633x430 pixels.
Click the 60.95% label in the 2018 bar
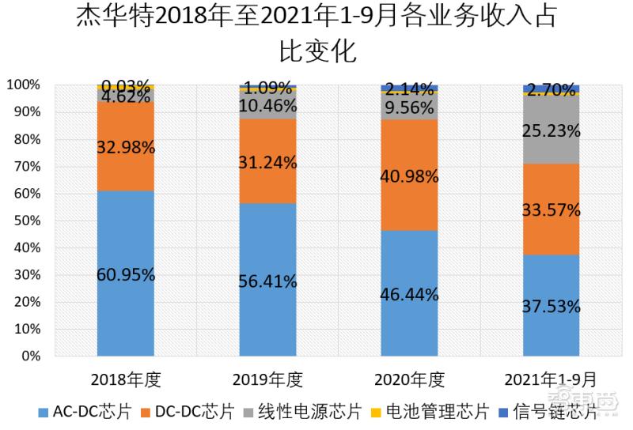[125, 275]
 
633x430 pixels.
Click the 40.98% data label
[409, 177]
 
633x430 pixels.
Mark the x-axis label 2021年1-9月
[551, 379]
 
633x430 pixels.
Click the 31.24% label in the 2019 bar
[267, 163]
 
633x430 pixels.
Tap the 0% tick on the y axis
[29, 356]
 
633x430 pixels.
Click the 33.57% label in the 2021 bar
[551, 209]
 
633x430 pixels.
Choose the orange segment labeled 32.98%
[125, 147]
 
